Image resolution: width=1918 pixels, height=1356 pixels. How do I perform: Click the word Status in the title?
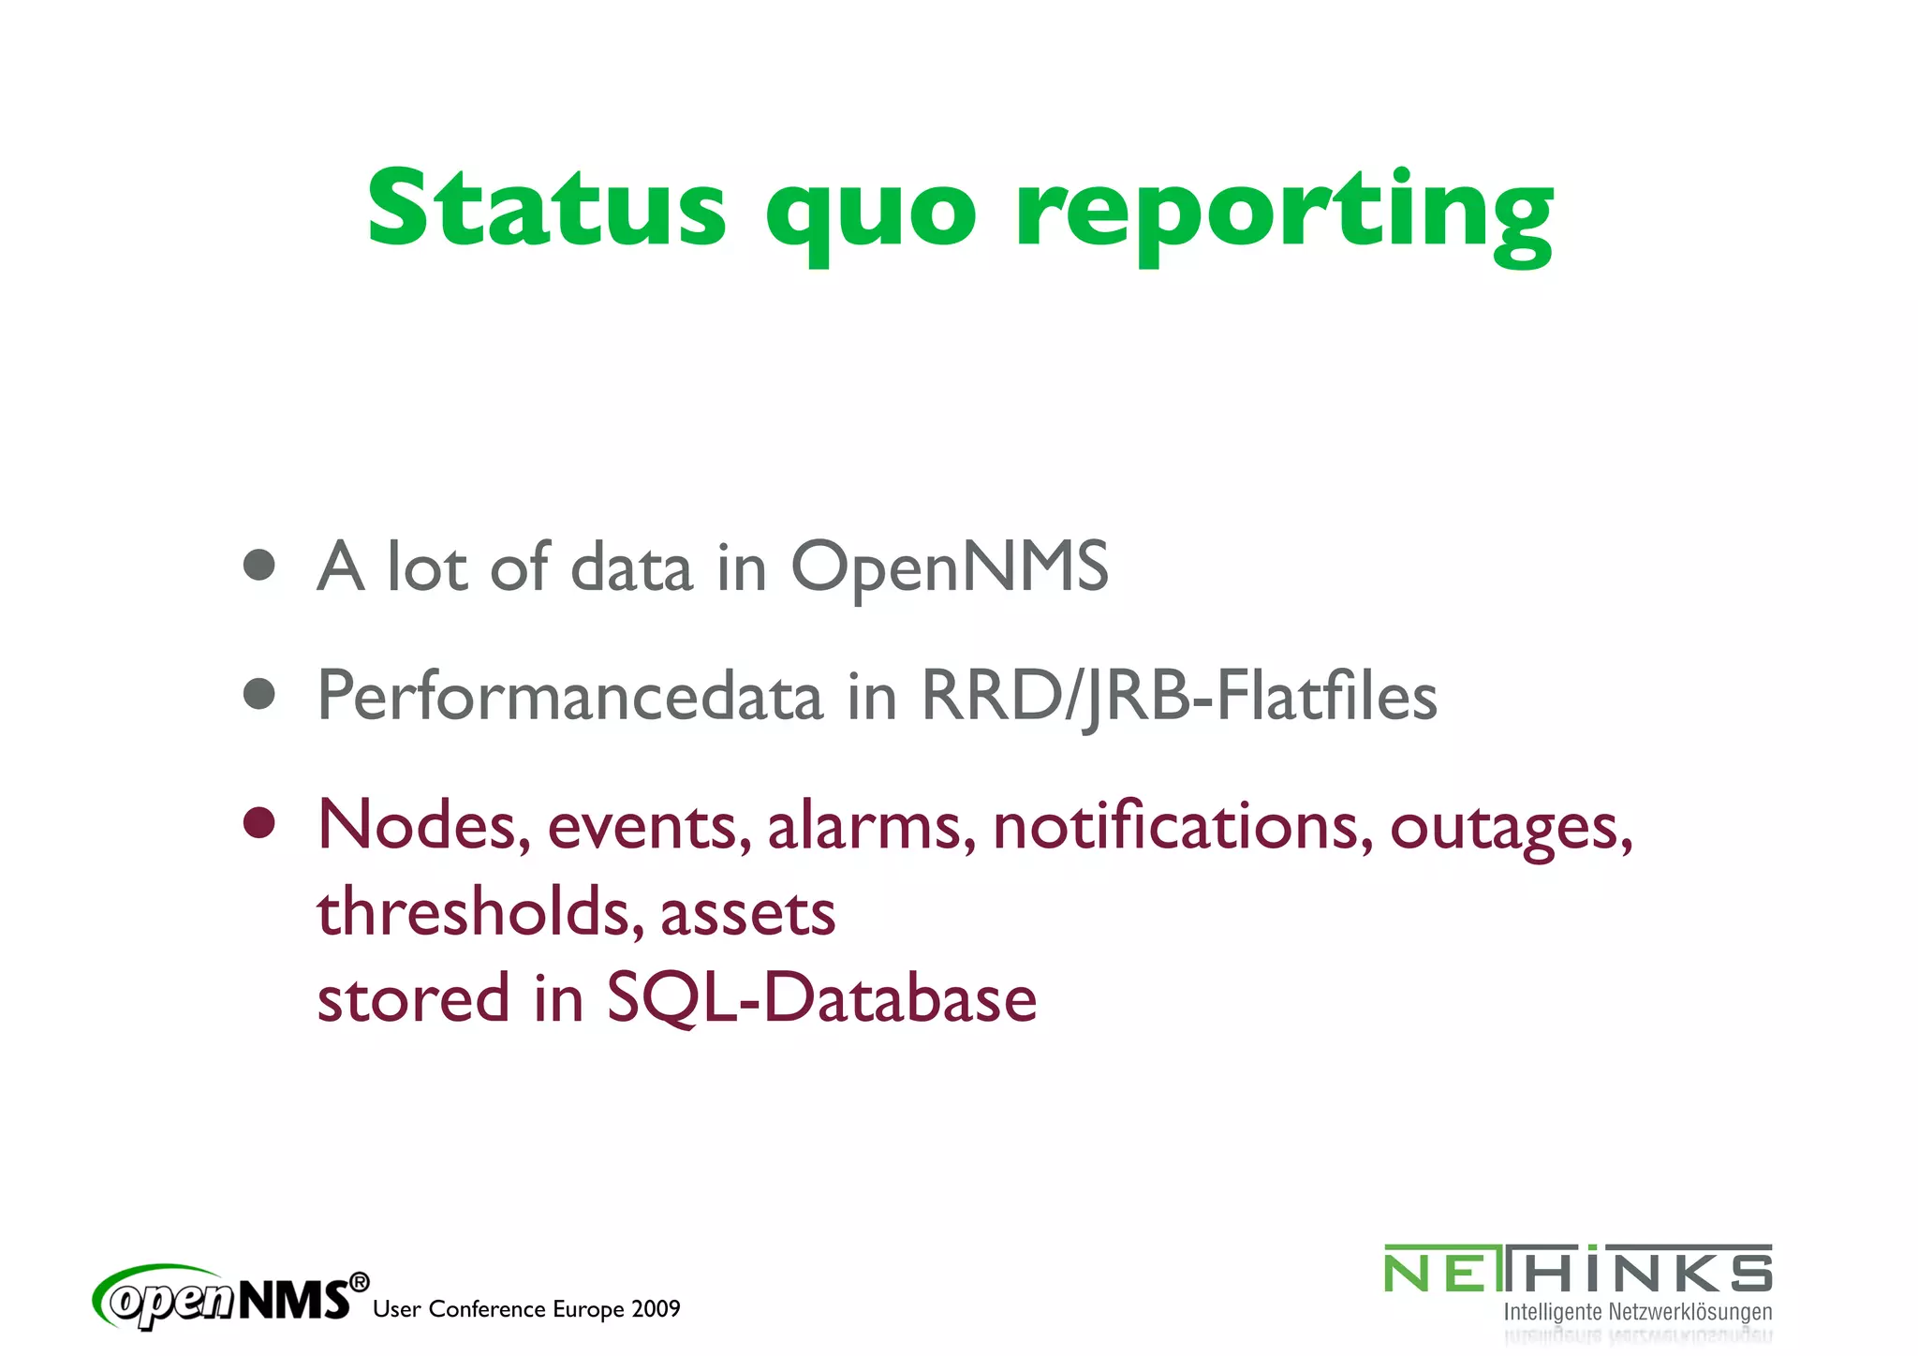pos(546,208)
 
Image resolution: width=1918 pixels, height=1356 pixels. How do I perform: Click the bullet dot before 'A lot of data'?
pos(258,565)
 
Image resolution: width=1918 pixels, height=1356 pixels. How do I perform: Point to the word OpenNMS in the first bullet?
pos(950,567)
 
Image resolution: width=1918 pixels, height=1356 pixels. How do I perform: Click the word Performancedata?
pos(569,696)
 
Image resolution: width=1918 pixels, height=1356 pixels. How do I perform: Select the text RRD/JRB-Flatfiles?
pos(1179,696)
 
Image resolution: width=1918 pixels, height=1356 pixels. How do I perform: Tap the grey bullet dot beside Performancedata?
pos(258,694)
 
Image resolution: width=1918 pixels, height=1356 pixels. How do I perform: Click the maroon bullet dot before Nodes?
pos(258,823)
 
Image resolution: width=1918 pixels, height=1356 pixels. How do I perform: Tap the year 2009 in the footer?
pos(656,1309)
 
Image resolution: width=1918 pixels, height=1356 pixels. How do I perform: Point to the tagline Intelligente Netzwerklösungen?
pos(1637,1312)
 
